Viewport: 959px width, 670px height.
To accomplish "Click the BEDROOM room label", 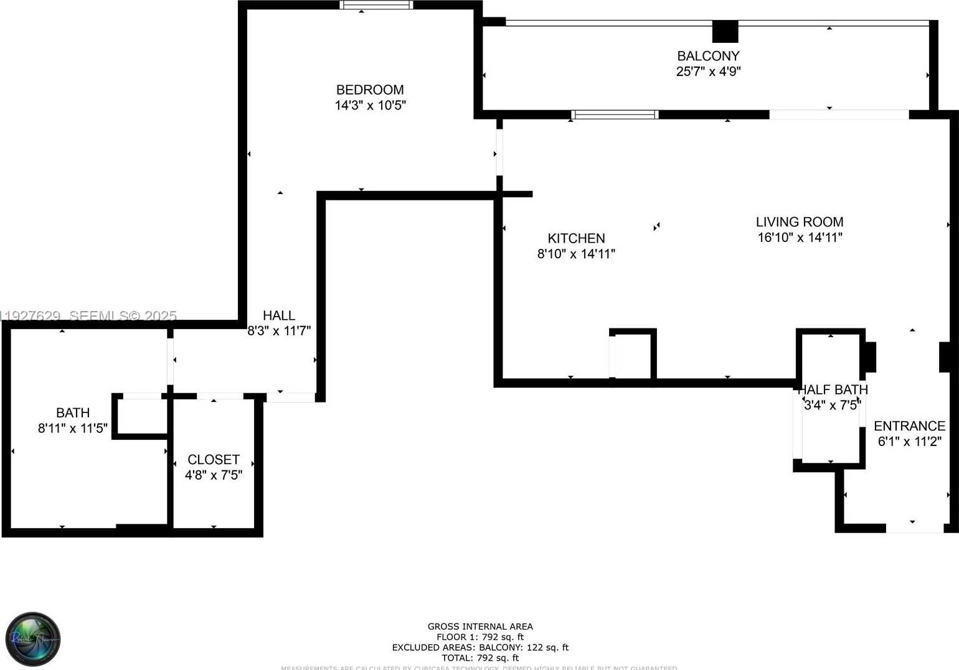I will [x=370, y=90].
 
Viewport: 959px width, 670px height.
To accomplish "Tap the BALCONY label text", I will [x=708, y=56].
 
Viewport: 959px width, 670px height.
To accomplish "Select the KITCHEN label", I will [x=576, y=238].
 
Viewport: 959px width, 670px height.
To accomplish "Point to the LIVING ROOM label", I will [x=800, y=222].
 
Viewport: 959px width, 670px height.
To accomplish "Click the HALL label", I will [x=278, y=315].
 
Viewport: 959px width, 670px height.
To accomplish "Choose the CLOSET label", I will [x=214, y=460].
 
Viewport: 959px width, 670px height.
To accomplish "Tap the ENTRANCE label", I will [x=909, y=426].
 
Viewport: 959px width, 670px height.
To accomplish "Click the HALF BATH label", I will [x=833, y=390].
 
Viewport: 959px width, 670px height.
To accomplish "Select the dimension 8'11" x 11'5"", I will [x=73, y=429].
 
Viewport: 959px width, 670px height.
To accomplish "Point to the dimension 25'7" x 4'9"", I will [x=708, y=72].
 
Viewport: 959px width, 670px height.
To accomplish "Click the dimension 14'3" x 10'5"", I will [x=370, y=106].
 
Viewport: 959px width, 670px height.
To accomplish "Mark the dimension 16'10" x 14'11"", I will [x=800, y=238].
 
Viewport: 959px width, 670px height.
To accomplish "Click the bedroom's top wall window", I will [x=376, y=5].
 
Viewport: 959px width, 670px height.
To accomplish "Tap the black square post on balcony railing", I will [x=725, y=31].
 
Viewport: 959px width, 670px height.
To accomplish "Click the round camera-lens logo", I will [x=33, y=639].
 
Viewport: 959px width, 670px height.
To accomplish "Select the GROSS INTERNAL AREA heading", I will [x=480, y=626].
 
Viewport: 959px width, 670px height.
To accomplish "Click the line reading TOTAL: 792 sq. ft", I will [x=480, y=658].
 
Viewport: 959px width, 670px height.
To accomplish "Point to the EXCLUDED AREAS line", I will [x=480, y=648].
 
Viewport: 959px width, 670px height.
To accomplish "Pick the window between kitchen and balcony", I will [x=615, y=114].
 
